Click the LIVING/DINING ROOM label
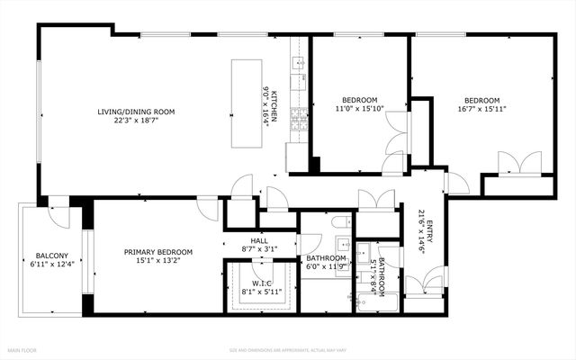click(x=136, y=112)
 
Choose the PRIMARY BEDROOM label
click(x=157, y=252)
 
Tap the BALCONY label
click(x=49, y=254)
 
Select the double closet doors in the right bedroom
click(x=521, y=163)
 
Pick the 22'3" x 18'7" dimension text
click(x=136, y=121)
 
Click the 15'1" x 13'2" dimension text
click(x=157, y=262)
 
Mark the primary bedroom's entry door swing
click(x=208, y=207)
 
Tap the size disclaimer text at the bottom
click(x=287, y=349)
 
